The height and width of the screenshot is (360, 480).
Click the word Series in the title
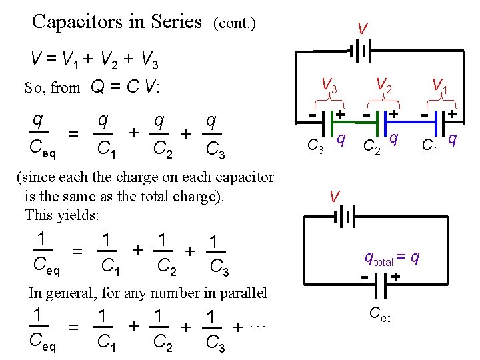pyautogui.click(x=175, y=22)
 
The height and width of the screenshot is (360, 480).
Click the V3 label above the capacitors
pyautogui.click(x=329, y=85)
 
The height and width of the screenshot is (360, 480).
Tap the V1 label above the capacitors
pyautogui.click(x=439, y=85)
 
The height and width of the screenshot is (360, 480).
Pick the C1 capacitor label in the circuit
pyautogui.click(x=429, y=144)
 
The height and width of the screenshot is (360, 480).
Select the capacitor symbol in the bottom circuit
pyautogui.click(x=379, y=287)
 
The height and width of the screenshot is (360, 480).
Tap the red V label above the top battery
pyautogui.click(x=362, y=29)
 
